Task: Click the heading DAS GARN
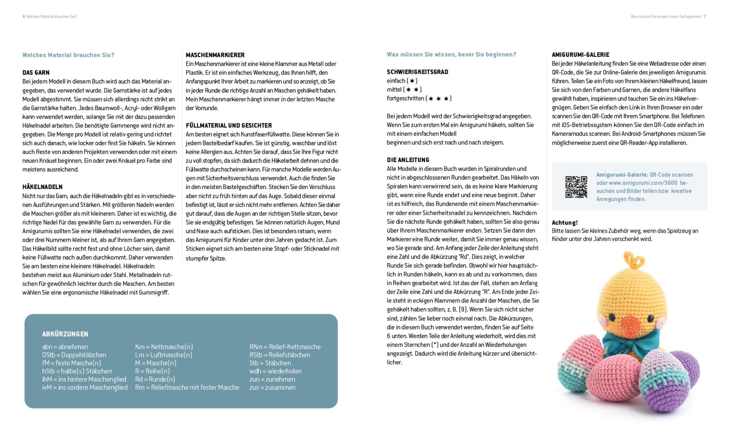point(36,72)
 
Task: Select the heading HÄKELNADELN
point(42,187)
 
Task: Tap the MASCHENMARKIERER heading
point(215,55)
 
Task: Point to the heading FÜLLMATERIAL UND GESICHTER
point(229,125)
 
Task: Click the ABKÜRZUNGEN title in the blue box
point(65,334)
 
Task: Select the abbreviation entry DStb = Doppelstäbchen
point(74,355)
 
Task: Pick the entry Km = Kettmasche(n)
point(164,346)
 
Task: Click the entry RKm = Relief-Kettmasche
point(285,346)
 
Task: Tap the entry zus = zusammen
point(272,387)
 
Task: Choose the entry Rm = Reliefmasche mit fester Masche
point(187,387)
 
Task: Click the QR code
point(576,187)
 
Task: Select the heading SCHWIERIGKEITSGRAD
point(417,72)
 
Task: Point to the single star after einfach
point(412,81)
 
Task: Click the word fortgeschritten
point(405,98)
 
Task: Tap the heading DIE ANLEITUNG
point(408,160)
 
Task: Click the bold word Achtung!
point(565,222)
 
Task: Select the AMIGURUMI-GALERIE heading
point(580,55)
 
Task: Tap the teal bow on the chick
point(630,343)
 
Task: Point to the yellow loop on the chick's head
point(634,260)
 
